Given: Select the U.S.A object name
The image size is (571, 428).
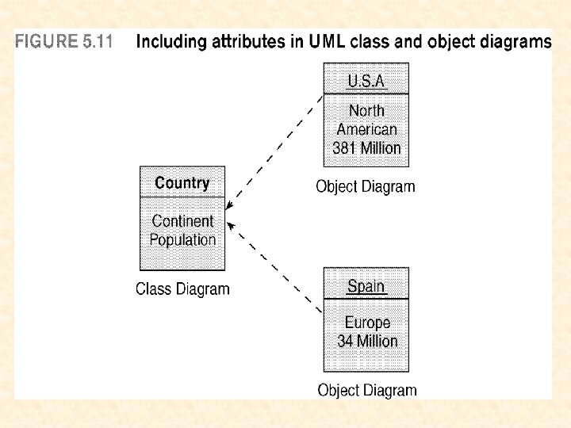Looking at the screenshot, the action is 366,82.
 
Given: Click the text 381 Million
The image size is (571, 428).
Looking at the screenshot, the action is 366,148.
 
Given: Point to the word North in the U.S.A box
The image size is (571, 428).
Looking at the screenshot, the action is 366,111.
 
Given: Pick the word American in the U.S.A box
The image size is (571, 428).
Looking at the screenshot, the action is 366,129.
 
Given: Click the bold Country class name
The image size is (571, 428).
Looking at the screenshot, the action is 182,183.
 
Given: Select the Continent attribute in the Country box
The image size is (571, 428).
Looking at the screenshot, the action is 182,221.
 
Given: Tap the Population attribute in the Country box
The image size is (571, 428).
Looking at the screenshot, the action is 182,239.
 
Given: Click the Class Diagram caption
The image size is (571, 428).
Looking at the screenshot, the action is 182,289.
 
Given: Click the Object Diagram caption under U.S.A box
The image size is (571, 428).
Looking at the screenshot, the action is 366,187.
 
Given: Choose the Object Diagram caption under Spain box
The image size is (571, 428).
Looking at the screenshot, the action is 366,390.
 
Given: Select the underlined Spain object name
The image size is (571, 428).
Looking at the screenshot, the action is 366,286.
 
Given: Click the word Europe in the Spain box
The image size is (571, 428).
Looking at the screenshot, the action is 367,323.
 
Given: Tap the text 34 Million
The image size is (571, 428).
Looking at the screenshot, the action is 367,342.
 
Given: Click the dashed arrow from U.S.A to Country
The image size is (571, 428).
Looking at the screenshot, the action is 274,159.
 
